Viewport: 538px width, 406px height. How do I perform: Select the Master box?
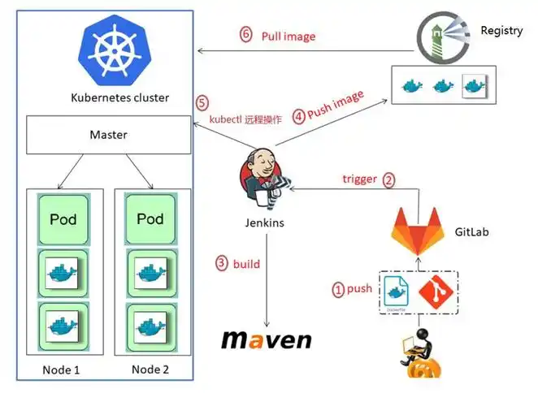(108, 134)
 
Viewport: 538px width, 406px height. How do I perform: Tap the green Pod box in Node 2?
(150, 219)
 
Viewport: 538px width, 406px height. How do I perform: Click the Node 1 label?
(61, 370)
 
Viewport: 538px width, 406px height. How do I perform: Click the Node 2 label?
(151, 369)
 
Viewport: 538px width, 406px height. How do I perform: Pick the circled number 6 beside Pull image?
(245, 35)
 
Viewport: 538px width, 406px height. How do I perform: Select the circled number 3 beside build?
(221, 263)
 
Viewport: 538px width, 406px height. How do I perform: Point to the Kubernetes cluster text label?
(119, 98)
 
